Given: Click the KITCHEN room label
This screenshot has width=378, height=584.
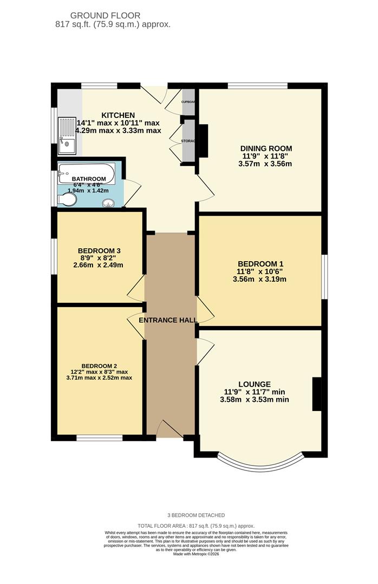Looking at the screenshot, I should (x=118, y=115).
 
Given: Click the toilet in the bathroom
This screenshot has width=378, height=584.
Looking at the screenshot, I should (x=67, y=200).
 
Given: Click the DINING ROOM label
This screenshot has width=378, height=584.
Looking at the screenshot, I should (x=267, y=148).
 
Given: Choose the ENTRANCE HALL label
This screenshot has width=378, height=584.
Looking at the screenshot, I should (x=168, y=320).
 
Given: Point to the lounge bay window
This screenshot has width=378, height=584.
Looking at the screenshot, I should (x=259, y=461).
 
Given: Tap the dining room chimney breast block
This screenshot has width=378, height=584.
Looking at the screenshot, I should (x=203, y=141).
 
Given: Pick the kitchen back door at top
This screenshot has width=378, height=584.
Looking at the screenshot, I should (x=154, y=94).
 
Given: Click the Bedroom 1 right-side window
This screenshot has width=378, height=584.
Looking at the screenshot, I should (x=324, y=276).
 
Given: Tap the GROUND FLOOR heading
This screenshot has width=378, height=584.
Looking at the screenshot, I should (x=113, y=16).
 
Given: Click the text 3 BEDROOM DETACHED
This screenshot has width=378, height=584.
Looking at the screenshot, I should (x=195, y=515).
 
